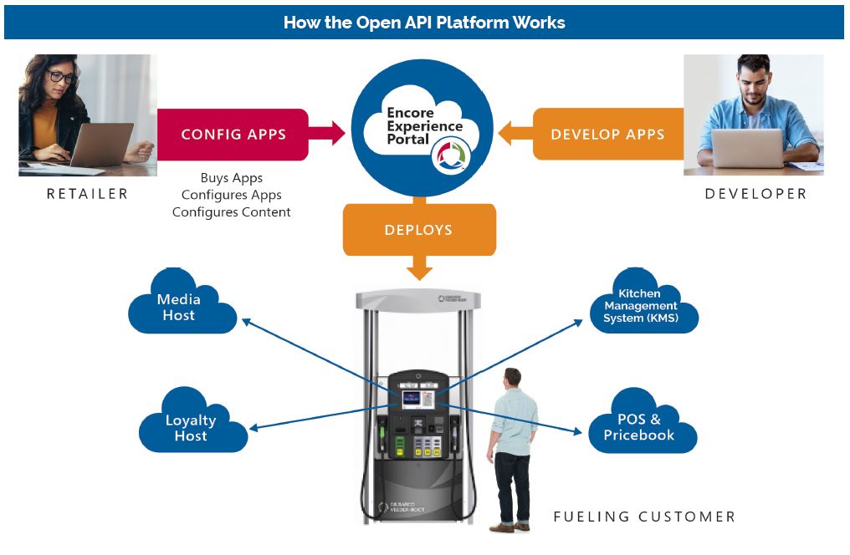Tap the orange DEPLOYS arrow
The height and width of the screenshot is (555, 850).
[419, 232]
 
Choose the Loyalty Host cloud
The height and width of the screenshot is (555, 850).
[192, 426]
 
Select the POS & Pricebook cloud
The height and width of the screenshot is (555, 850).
[640, 426]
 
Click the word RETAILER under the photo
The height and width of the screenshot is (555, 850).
[87, 194]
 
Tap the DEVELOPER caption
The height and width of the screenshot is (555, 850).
[755, 194]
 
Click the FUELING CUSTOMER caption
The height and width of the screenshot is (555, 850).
[644, 517]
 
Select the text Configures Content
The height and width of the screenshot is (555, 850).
[232, 212]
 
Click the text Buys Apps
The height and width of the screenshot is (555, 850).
[232, 178]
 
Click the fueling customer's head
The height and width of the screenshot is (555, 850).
[511, 379]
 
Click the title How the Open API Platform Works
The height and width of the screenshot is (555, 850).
[424, 23]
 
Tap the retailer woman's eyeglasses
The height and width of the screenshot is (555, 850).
[62, 78]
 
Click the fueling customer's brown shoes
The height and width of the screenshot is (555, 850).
[509, 527]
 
